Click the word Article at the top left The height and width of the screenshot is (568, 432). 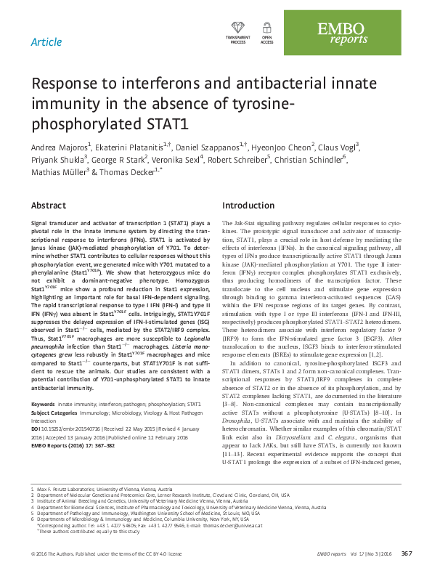point(46,41)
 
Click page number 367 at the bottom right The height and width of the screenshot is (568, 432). point(407,555)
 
